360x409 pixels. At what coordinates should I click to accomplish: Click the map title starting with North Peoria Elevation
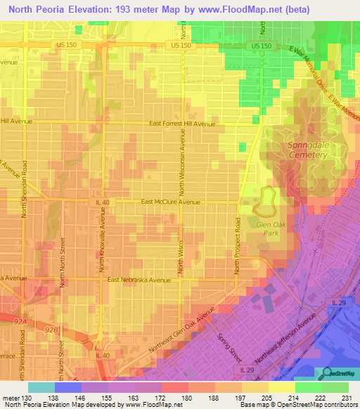click(180, 10)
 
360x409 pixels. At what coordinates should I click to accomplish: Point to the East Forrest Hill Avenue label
click(182, 123)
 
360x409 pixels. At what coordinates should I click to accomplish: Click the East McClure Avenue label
click(171, 202)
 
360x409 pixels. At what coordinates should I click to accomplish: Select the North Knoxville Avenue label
click(103, 242)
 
